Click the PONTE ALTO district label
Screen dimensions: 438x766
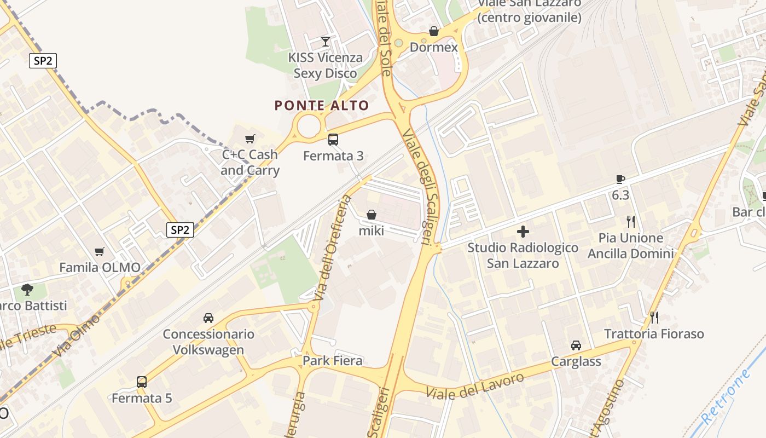[x=322, y=105]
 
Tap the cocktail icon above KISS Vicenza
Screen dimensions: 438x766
[x=326, y=41]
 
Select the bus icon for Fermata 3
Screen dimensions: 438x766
[x=333, y=140]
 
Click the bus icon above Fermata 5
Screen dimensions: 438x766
[x=142, y=382]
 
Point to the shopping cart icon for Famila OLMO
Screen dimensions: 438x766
[x=100, y=252]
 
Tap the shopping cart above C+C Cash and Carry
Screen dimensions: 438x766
[x=250, y=139]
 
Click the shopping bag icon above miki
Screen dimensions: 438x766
[x=372, y=215]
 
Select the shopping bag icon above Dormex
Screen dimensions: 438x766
[x=434, y=31]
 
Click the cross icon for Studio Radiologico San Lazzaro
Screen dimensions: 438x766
[x=523, y=232]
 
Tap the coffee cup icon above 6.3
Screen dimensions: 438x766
[x=620, y=179]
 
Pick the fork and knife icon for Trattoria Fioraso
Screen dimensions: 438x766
[x=654, y=318]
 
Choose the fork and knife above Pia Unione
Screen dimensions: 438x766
[x=631, y=222]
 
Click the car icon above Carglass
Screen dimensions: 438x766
[x=576, y=345]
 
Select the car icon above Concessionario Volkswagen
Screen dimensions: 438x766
[x=208, y=318]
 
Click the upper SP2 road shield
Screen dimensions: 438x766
[x=43, y=61]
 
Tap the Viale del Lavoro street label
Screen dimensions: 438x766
[x=474, y=386]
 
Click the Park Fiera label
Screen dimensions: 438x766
[x=333, y=361]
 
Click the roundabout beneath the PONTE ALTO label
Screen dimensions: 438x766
[x=309, y=125]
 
